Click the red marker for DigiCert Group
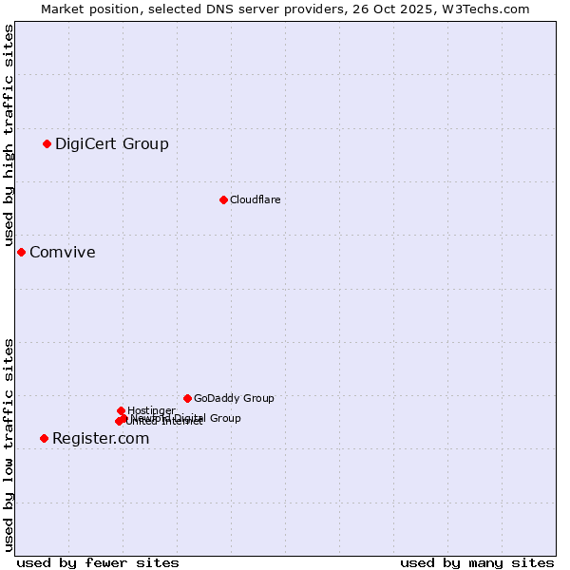[x=47, y=143]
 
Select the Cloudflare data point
[x=223, y=199]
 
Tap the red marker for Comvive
[x=21, y=252]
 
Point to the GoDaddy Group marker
[x=187, y=398]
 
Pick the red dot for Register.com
[x=44, y=438]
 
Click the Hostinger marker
[x=121, y=410]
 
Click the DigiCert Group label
[x=112, y=144]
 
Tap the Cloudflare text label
[x=255, y=199]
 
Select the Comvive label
[x=63, y=253]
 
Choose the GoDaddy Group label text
[x=234, y=399]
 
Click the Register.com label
[x=101, y=439]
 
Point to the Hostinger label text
[x=151, y=410]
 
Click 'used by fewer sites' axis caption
[x=98, y=562]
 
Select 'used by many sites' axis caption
[x=477, y=562]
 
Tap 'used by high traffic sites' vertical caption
[x=9, y=135]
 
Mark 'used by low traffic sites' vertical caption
[x=9, y=445]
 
